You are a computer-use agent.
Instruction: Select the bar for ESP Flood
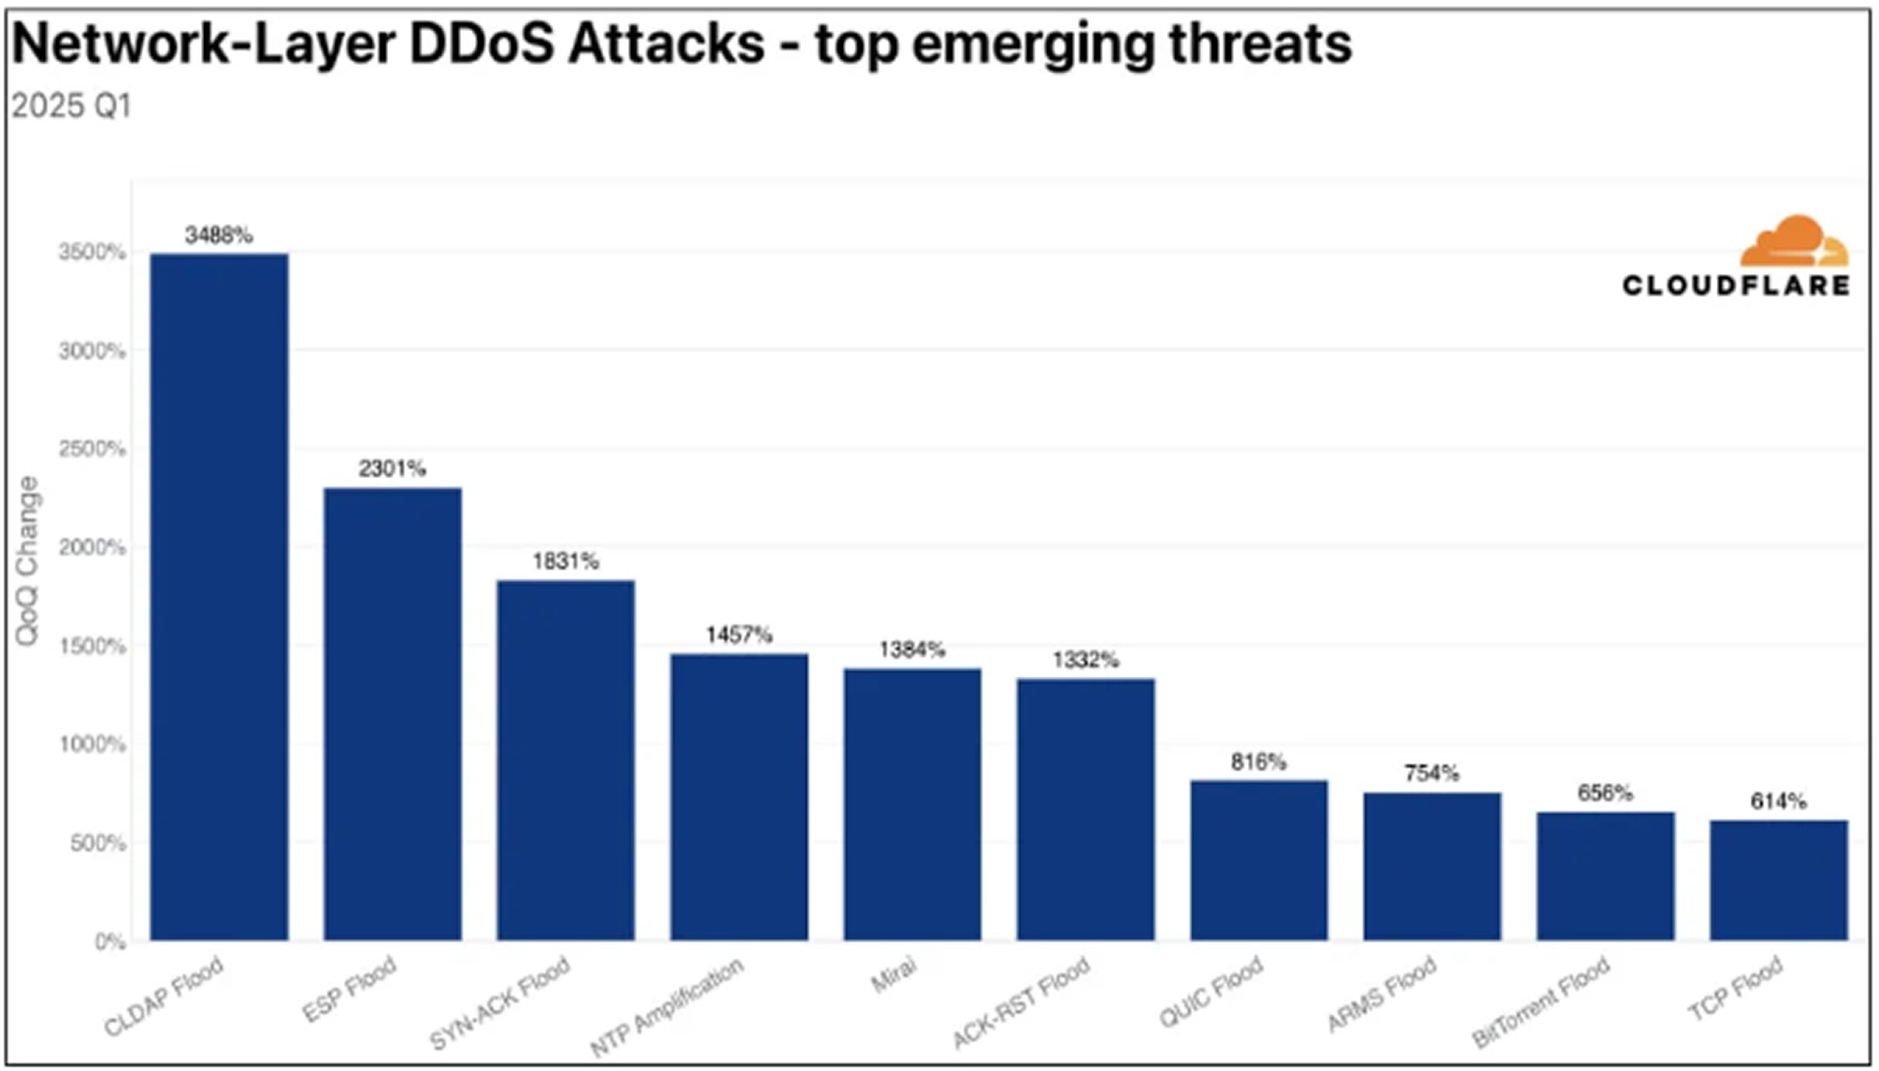(x=393, y=714)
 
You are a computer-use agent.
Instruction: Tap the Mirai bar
(x=913, y=804)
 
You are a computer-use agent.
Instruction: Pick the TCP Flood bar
(x=1779, y=880)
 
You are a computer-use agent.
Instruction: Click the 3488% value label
(x=219, y=234)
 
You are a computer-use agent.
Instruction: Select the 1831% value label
(x=566, y=560)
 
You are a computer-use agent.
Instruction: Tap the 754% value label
(x=1432, y=773)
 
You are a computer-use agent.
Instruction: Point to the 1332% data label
(x=1086, y=660)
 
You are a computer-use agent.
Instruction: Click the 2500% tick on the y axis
(x=92, y=449)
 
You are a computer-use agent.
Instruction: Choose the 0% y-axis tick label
(x=109, y=941)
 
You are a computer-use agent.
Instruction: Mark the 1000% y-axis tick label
(x=92, y=744)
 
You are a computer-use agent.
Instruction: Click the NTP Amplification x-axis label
(x=667, y=1007)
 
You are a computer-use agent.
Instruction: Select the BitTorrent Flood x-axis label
(x=1541, y=1003)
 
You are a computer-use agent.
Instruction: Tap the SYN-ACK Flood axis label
(x=501, y=1003)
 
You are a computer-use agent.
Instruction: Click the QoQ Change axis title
(x=28, y=560)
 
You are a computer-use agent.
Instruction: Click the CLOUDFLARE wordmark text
(x=1735, y=286)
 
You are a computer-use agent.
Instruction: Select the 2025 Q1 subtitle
(x=71, y=106)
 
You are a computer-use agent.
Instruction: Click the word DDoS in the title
(x=481, y=44)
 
